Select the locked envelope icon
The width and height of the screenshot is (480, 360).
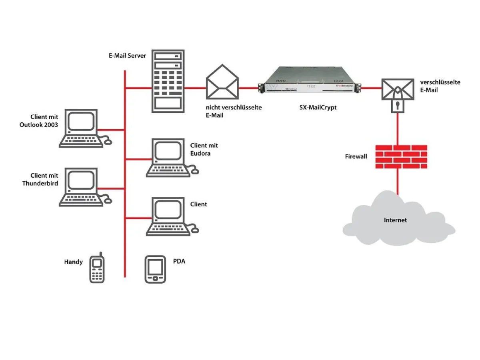coord(397,90)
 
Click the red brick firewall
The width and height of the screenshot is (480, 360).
coord(401,156)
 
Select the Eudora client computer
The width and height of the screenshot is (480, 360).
coord(170,158)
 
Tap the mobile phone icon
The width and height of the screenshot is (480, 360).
coord(97,268)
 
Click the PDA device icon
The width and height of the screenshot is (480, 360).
coord(155,269)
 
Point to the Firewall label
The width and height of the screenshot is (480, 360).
coord(356,156)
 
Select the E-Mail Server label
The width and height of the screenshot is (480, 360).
coord(127,56)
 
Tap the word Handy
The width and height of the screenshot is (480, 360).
coord(73,262)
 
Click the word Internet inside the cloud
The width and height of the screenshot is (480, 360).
coord(395,220)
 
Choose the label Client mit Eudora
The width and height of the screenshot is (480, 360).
coord(204,149)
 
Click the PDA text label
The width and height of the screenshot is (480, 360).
coord(179,262)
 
